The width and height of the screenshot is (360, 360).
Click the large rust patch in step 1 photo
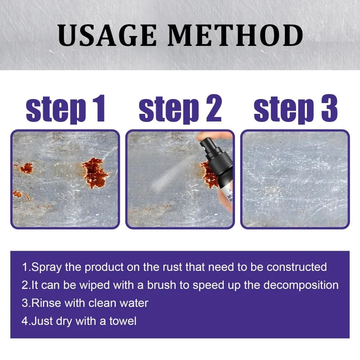(95, 172)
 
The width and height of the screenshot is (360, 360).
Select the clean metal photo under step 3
(295, 179)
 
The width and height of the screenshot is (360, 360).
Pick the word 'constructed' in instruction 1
(297, 267)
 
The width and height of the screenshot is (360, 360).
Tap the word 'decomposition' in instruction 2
(301, 285)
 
